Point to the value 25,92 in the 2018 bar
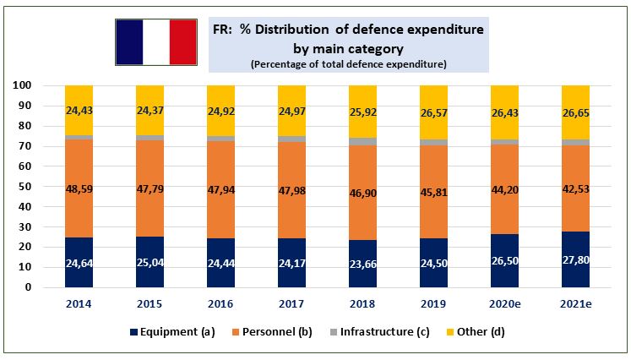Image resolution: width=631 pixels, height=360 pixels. (362, 112)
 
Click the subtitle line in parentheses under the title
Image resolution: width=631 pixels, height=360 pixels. (348, 64)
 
